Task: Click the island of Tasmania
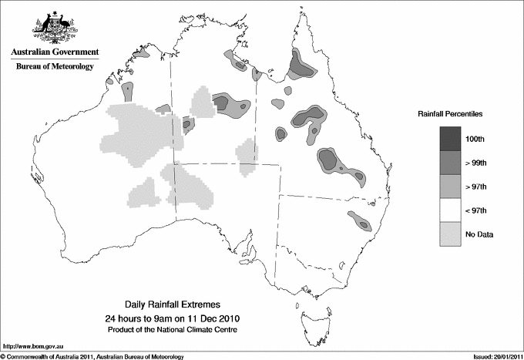[309, 313]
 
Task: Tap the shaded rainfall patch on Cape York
[300, 65]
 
